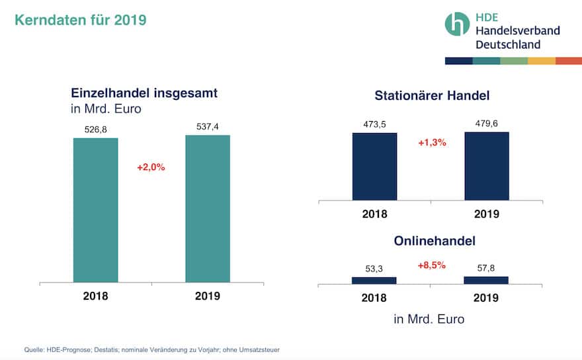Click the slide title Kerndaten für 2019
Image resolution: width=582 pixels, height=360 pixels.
click(80, 20)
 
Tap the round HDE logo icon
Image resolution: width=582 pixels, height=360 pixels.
click(457, 24)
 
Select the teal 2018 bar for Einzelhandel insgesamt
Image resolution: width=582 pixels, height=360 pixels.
click(95, 210)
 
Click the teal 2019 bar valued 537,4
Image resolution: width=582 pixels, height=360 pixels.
click(208, 208)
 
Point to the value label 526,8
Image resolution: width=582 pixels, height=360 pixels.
click(96, 130)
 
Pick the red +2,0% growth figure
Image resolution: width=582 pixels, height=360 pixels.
click(151, 167)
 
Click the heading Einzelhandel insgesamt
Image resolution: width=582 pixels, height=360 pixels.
click(144, 93)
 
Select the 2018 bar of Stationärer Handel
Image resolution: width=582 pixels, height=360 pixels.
click(374, 166)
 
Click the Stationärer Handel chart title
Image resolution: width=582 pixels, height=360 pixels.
click(432, 95)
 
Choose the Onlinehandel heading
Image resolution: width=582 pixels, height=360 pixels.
click(431, 242)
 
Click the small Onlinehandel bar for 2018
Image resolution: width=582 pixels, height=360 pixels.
click(374, 281)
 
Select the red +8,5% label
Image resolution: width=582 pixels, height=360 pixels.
click(431, 265)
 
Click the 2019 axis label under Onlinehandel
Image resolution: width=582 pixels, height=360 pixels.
click(486, 298)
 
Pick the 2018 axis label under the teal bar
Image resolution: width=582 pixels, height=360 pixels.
click(95, 296)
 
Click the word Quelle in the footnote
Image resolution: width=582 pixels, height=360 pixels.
click(34, 349)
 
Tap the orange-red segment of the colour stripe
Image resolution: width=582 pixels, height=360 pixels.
click(568, 61)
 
